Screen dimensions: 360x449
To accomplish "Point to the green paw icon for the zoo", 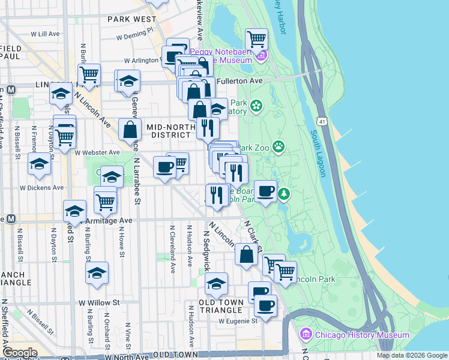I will pyautogui.click(x=279, y=146).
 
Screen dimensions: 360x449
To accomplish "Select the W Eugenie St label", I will pyautogui.click(x=238, y=321).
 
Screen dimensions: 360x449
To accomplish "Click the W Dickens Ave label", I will pyautogui.click(x=41, y=187).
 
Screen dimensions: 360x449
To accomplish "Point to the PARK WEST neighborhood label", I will pyautogui.click(x=132, y=19).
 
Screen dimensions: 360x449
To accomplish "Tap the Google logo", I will pyautogui.click(x=20, y=353).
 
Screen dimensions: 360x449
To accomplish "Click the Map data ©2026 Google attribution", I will pyautogui.click(x=412, y=355).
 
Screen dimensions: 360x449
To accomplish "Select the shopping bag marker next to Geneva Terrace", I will pyautogui.click(x=130, y=129).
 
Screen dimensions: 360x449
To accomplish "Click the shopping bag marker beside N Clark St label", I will pyautogui.click(x=247, y=254).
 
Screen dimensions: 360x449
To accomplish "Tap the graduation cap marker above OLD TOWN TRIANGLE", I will pyautogui.click(x=217, y=283).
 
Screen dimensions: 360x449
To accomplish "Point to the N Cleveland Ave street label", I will pyautogui.click(x=172, y=249).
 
